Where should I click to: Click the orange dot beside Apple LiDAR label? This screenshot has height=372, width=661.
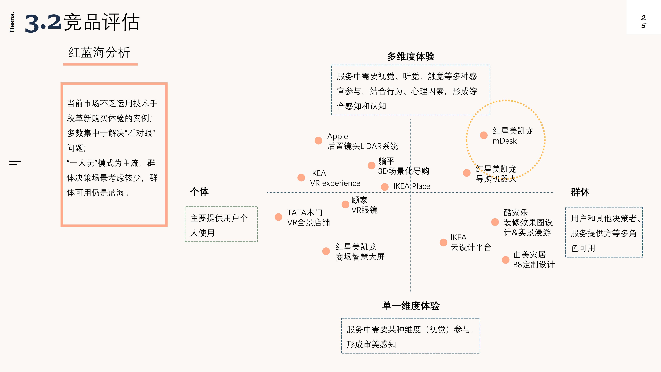tap(318, 140)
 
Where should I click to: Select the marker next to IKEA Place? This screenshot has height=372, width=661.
tap(384, 187)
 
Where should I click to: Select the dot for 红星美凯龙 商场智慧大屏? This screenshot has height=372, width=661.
tap(326, 251)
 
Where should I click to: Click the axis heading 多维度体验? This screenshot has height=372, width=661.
tap(411, 56)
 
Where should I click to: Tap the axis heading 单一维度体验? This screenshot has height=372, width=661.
tap(411, 306)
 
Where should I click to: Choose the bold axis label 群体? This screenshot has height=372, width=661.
tap(580, 192)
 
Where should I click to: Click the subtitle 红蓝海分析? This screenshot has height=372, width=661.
tap(99, 53)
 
